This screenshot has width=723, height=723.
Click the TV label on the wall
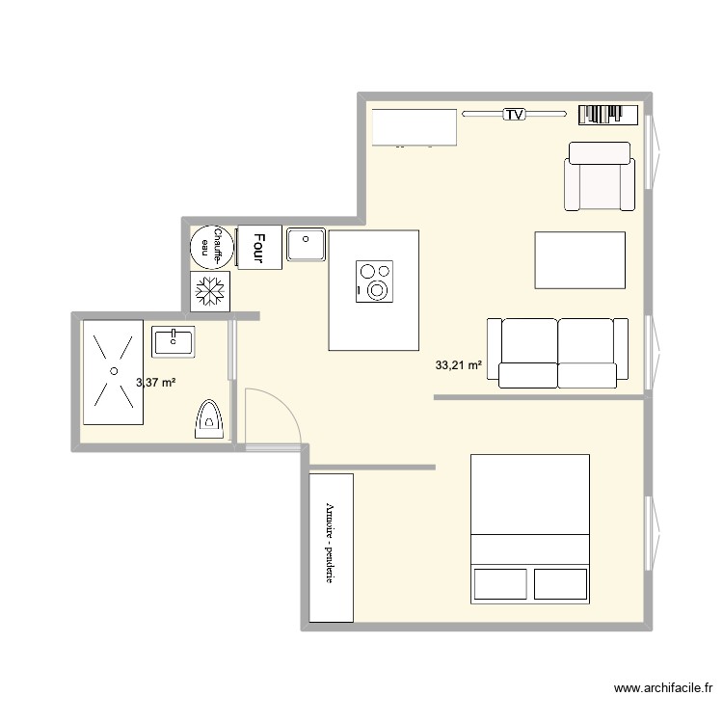(515, 115)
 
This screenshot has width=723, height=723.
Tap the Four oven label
(258, 246)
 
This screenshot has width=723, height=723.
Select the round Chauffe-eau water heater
(211, 246)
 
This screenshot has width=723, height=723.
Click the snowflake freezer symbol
(210, 291)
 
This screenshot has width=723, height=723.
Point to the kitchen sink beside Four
(307, 245)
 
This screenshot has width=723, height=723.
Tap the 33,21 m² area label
(458, 365)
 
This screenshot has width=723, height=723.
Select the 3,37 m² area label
(156, 383)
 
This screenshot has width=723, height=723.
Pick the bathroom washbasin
(174, 339)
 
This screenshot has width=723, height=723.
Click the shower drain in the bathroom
(114, 370)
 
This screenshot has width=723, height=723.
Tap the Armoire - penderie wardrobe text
(331, 545)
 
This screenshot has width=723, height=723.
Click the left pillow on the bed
(499, 584)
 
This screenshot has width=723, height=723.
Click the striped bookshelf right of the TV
(608, 115)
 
